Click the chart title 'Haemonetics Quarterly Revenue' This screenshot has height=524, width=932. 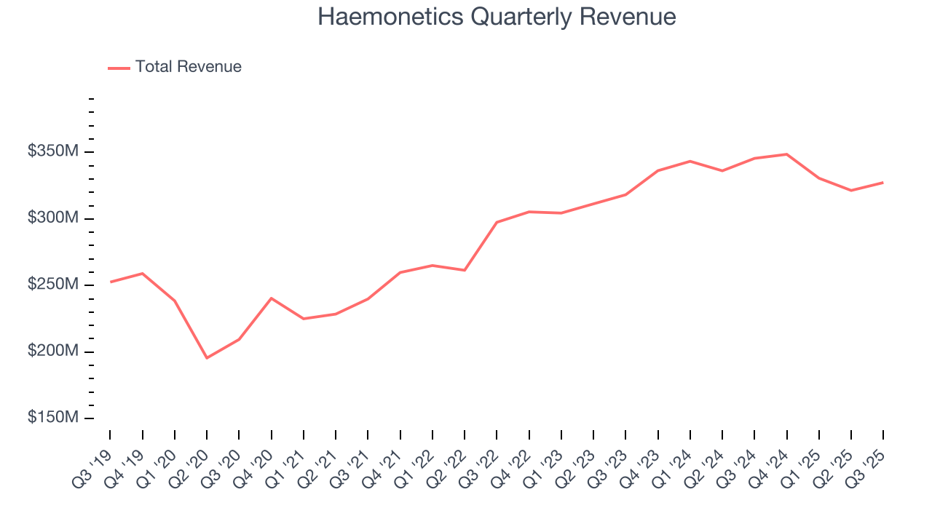497,17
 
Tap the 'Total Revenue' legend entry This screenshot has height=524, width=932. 188,67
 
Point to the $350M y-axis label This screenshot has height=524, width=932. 53,152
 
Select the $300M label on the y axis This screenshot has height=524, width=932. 53,219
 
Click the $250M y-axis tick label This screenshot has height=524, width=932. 53,285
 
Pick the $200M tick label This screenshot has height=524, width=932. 53,352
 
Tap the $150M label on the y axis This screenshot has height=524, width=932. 53,418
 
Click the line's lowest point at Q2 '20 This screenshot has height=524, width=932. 207,358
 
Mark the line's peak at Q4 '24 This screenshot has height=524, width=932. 787,154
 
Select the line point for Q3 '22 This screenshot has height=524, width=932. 497,222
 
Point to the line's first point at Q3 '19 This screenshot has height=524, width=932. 110,282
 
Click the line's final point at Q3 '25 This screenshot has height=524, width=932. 883,183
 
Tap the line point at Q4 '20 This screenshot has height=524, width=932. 271,298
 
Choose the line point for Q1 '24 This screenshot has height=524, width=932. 690,161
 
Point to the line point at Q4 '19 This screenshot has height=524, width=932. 142,274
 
